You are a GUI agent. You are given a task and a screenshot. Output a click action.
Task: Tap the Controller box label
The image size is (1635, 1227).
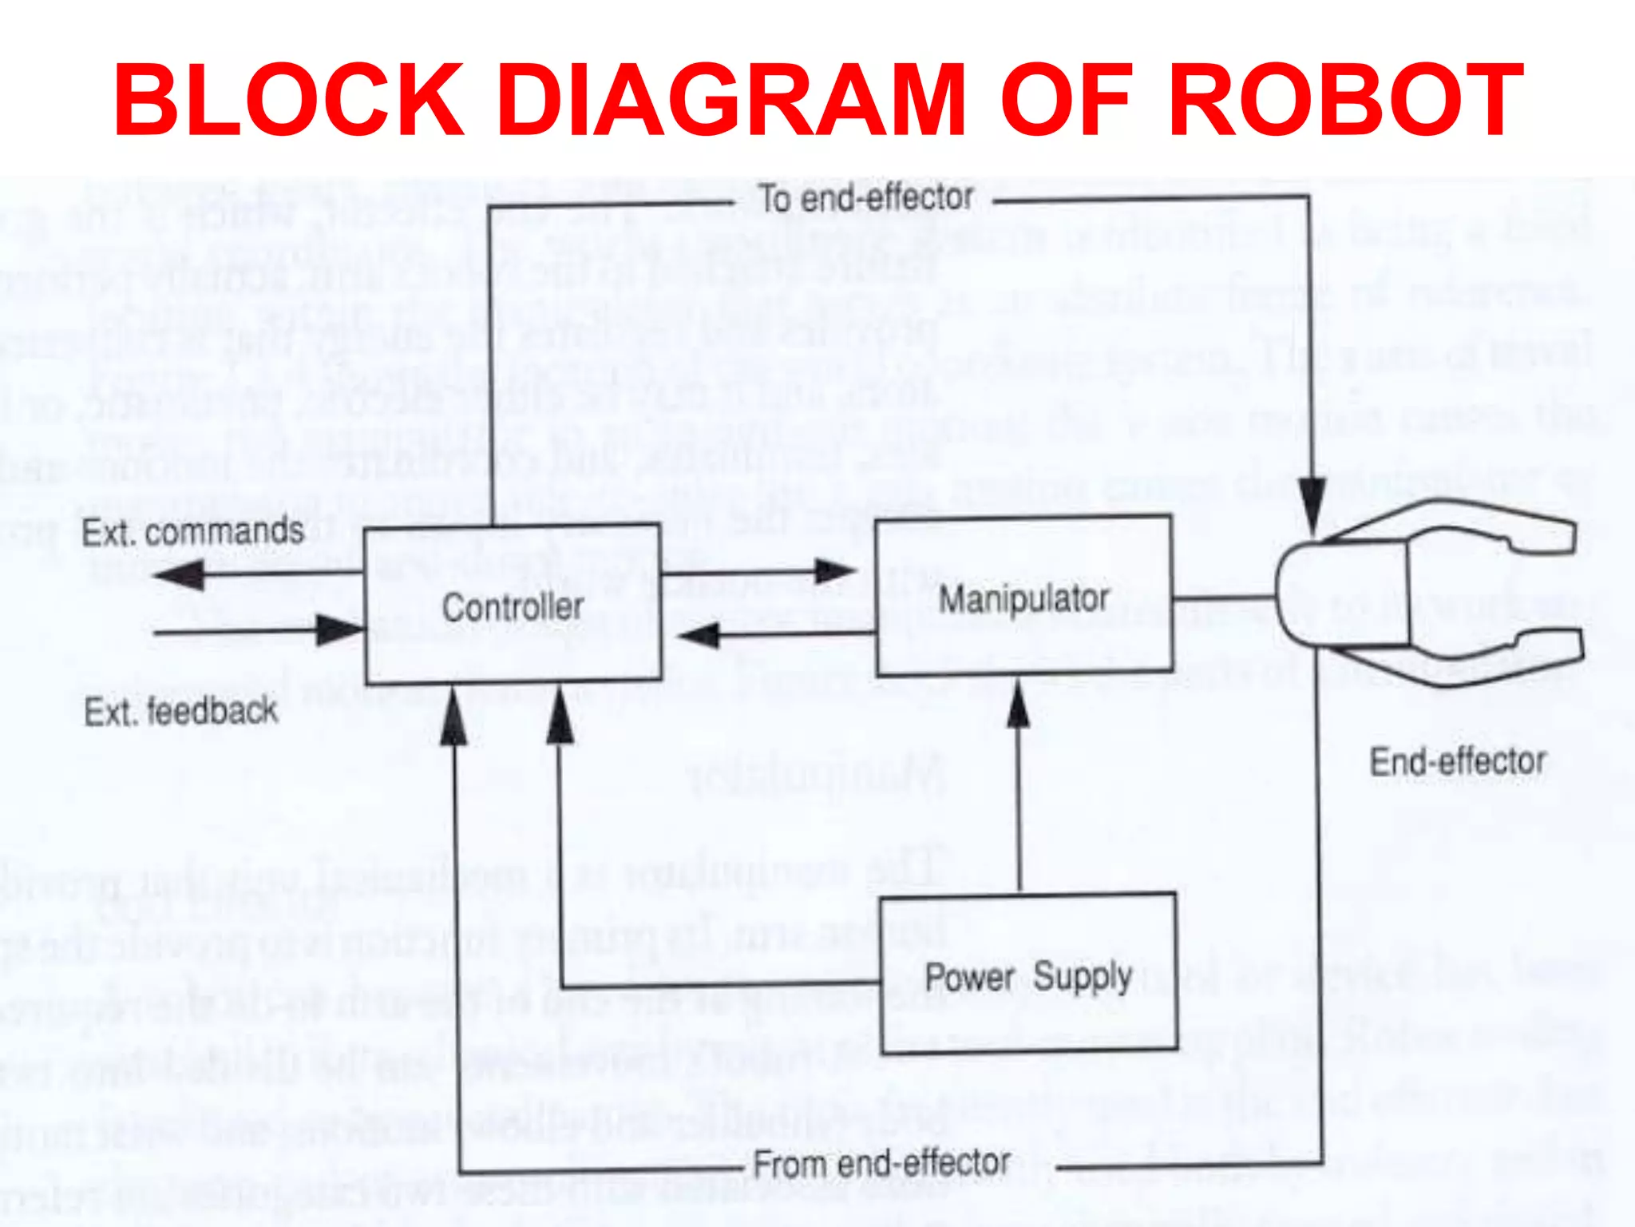pos(513,607)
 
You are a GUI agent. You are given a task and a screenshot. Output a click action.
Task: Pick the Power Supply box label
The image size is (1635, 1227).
pos(1028,977)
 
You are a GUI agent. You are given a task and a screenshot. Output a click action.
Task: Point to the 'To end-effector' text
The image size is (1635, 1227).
pos(865,198)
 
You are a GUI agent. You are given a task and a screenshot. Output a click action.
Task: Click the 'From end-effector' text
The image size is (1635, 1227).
pos(881,1164)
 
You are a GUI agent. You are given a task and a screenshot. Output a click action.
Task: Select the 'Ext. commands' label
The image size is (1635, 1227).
pos(193,532)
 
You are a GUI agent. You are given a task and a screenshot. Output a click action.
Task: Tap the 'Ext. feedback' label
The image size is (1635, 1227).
pos(181,711)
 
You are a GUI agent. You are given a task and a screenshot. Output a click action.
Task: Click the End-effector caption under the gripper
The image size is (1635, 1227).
pos(1458,761)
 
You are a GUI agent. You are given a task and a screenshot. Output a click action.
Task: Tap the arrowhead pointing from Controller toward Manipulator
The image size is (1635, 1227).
pos(835,571)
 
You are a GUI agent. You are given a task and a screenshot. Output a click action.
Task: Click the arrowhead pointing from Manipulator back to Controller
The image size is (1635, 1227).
pos(699,636)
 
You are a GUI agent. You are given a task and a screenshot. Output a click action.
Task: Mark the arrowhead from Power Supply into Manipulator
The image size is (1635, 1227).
pos(1018,706)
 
